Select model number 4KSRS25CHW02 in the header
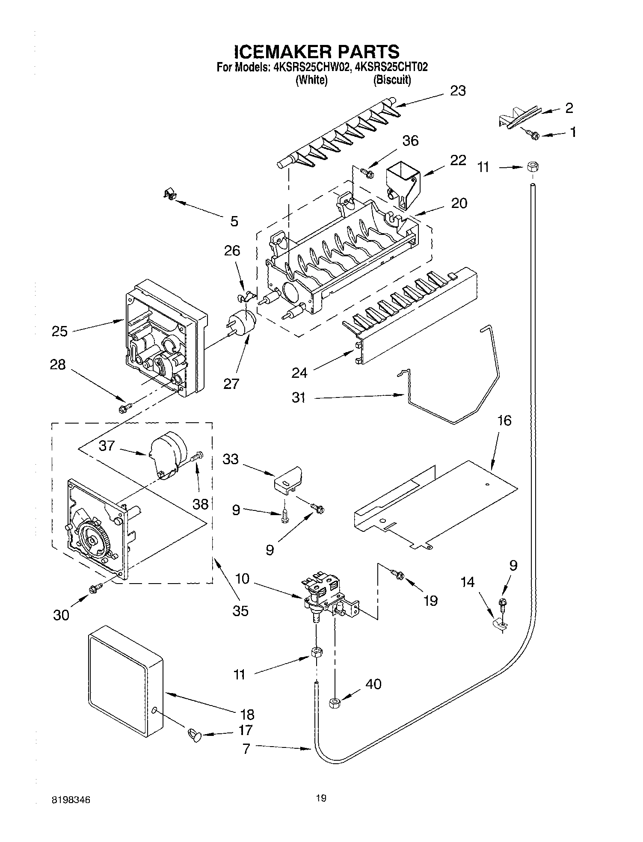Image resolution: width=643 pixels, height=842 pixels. pyautogui.click(x=311, y=67)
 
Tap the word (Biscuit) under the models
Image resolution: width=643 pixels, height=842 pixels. pyautogui.click(x=392, y=80)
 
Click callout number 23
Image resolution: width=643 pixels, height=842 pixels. pyautogui.click(x=457, y=91)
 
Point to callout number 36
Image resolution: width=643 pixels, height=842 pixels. pyautogui.click(x=410, y=141)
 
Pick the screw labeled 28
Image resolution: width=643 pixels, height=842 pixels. pyautogui.click(x=124, y=409)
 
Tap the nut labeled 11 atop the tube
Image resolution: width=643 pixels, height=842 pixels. pyautogui.click(x=532, y=167)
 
